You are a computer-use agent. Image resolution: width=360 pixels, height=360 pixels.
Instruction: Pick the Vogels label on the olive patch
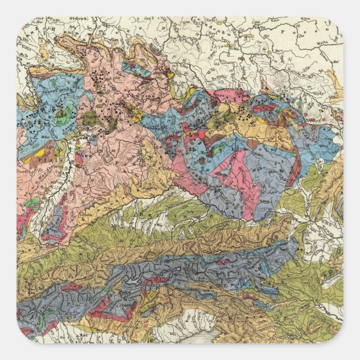point(89,118)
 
